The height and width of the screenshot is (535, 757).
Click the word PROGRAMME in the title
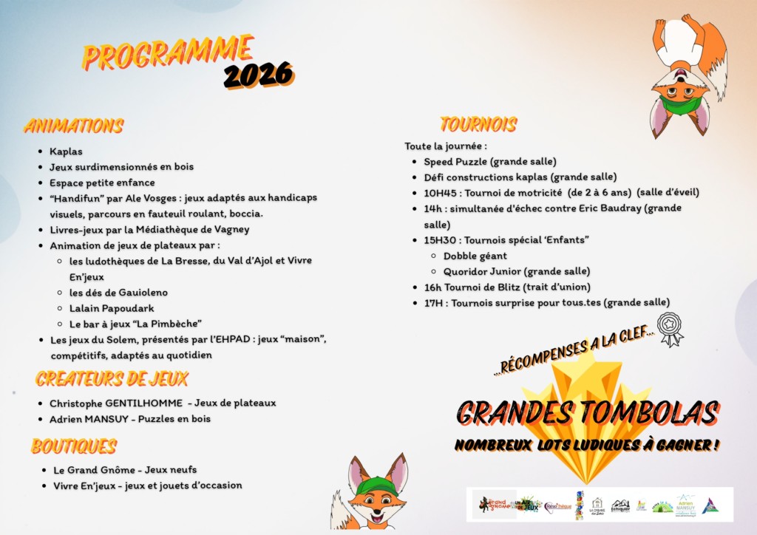pyautogui.click(x=168, y=52)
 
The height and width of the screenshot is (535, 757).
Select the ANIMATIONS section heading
pyautogui.click(x=73, y=126)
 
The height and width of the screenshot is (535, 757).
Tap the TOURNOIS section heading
pyautogui.click(x=478, y=124)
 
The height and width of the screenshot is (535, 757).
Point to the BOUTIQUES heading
pyautogui.click(x=74, y=446)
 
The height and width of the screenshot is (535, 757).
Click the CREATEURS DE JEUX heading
pyautogui.click(x=112, y=379)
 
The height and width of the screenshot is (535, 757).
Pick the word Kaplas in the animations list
pyautogui.click(x=66, y=151)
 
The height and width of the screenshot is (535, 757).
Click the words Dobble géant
pyautogui.click(x=475, y=256)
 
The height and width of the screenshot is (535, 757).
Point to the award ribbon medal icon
pyautogui.click(x=671, y=329)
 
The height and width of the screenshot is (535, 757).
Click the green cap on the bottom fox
pyautogui.click(x=376, y=485)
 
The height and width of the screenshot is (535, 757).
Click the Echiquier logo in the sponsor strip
pyautogui.click(x=620, y=505)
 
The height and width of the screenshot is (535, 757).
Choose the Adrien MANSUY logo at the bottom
pyautogui.click(x=685, y=505)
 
